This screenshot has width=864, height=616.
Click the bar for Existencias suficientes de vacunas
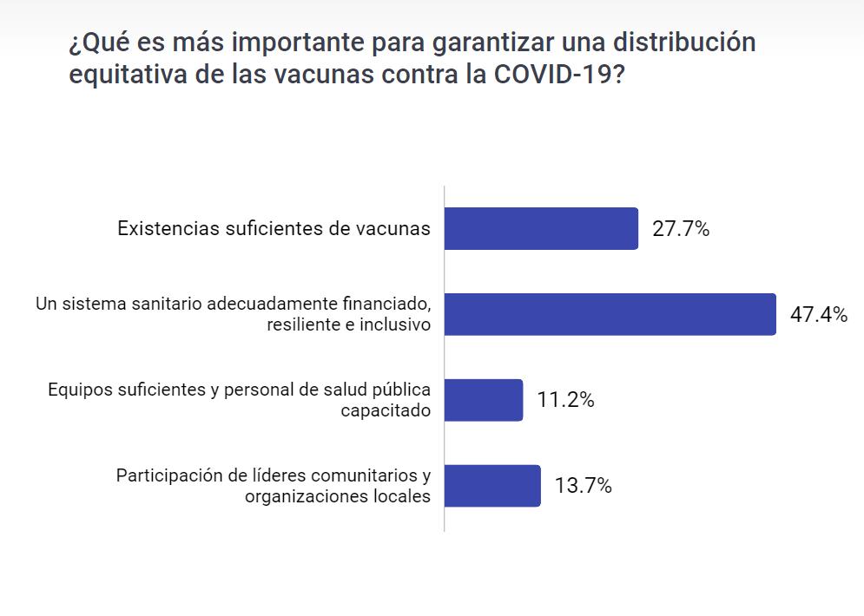(541, 229)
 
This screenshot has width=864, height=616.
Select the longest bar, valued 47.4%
(610, 314)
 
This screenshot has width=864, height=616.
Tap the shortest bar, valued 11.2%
(484, 400)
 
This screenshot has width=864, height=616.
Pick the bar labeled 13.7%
(492, 486)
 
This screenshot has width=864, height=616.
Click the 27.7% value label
(681, 230)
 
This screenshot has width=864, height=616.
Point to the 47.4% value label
(818, 315)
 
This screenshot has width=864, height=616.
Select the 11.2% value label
(565, 400)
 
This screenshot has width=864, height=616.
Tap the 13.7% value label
(584, 486)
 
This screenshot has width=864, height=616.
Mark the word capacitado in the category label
(386, 410)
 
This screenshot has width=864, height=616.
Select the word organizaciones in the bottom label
(302, 496)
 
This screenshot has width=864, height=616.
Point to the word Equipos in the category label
(79, 390)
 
